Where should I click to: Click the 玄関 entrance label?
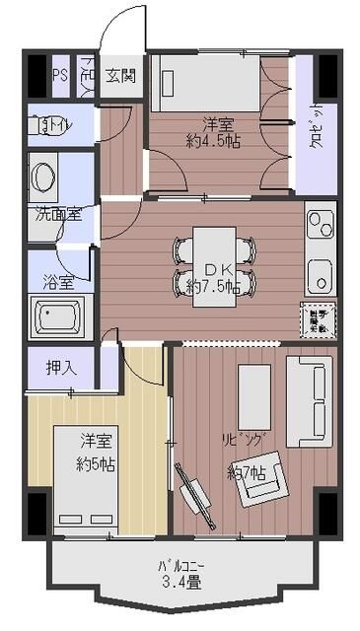(120, 74)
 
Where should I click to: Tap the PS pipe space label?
(60, 74)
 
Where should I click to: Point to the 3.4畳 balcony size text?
(181, 583)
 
